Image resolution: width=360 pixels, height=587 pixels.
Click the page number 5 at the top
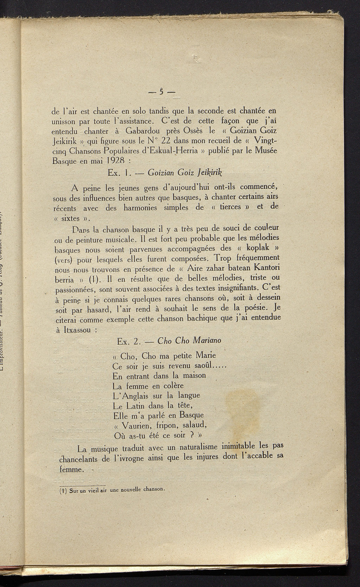click(x=161, y=92)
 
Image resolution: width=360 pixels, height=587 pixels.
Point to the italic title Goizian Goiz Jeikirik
click(x=186, y=172)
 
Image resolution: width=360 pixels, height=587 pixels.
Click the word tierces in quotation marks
click(x=230, y=207)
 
